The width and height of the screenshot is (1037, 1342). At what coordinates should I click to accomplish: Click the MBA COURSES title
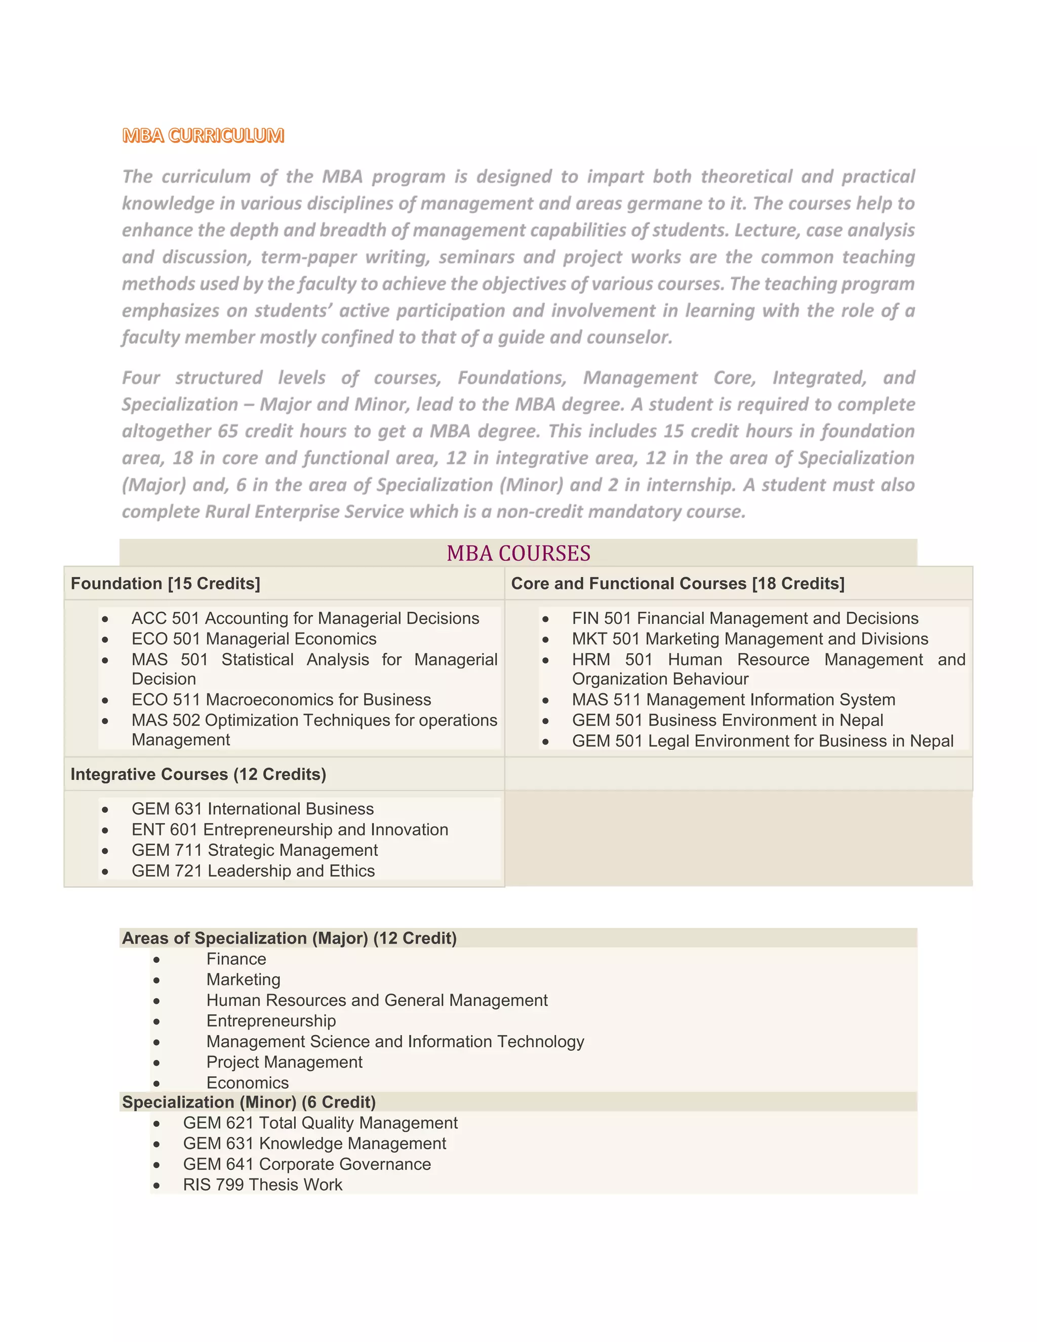(518, 553)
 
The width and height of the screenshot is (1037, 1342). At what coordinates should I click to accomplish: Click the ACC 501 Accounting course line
(305, 618)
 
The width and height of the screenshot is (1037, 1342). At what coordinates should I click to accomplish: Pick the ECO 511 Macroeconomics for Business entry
(281, 699)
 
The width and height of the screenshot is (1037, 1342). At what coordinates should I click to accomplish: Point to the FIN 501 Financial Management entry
(744, 618)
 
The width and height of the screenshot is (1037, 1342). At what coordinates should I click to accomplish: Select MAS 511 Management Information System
(733, 699)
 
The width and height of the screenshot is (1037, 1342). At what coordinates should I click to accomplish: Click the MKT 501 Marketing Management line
(749, 639)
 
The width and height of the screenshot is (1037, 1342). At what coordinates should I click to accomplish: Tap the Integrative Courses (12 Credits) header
(198, 774)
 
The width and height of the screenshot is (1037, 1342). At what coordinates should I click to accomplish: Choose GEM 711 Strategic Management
(254, 850)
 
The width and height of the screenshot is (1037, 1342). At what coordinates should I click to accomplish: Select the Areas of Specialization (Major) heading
(289, 938)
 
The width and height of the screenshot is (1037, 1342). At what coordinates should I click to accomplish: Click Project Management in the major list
(284, 1062)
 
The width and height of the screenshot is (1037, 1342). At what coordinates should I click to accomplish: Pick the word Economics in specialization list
(247, 1083)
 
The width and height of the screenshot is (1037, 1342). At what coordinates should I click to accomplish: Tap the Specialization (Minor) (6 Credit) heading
(248, 1102)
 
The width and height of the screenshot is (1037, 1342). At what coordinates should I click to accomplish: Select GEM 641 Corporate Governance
(306, 1164)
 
